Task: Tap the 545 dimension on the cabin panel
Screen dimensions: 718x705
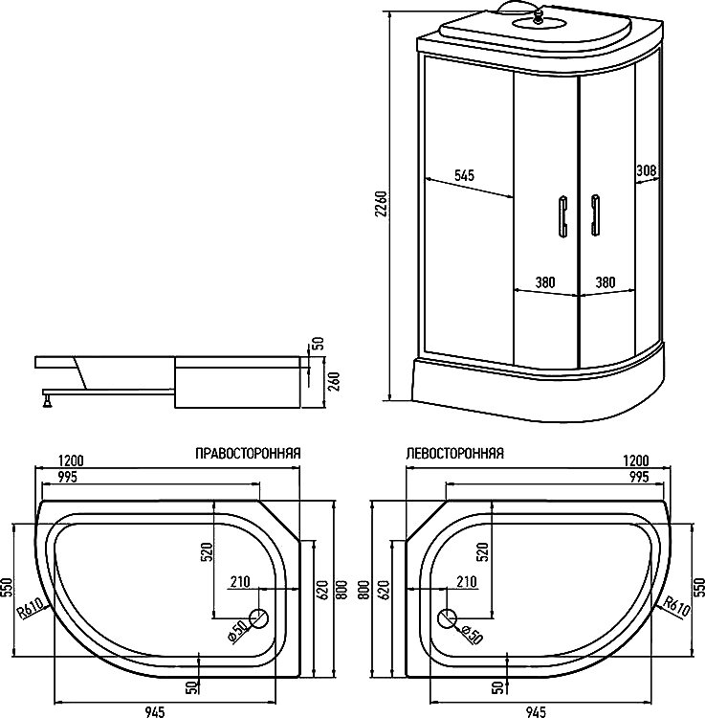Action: pos(464,175)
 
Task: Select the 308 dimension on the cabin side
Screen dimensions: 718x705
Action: pos(646,171)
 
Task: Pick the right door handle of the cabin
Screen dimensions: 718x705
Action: pos(595,214)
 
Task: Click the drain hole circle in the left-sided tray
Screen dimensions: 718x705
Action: pos(446,618)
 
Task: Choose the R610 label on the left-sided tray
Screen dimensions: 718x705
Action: pos(675,606)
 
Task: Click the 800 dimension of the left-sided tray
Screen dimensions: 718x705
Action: pos(364,595)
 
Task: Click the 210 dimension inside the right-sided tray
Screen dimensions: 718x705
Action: pos(240,582)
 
